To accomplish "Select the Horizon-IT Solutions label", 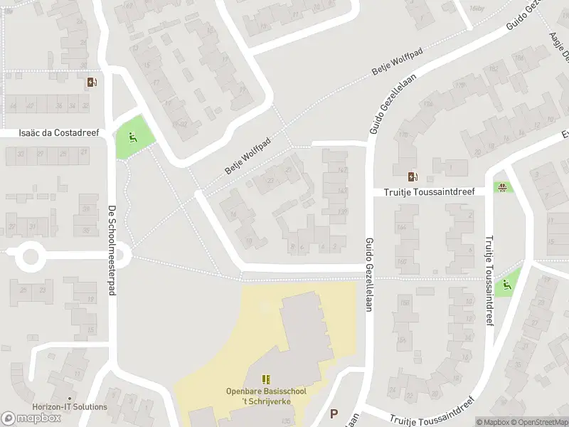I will (70, 407).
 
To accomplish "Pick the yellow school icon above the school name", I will (267, 380).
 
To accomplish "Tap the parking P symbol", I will (334, 413).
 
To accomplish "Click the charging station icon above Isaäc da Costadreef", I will (91, 82).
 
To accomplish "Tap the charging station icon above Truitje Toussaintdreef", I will (413, 176).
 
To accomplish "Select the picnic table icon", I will (503, 187).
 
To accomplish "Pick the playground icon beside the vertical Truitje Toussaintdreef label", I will (506, 285).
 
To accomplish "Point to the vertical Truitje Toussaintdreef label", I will (489, 282).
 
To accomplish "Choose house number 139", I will (343, 212).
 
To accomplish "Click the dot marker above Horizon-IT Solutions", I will (70, 399).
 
